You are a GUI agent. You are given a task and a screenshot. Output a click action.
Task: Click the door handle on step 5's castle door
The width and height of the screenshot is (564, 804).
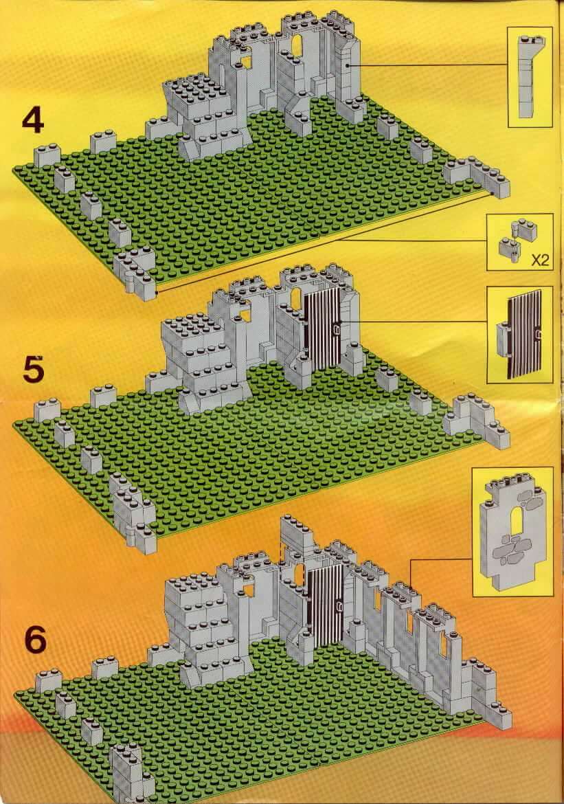click(x=336, y=331)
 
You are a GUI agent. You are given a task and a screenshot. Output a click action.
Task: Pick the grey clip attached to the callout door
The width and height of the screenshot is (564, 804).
click(x=500, y=339)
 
